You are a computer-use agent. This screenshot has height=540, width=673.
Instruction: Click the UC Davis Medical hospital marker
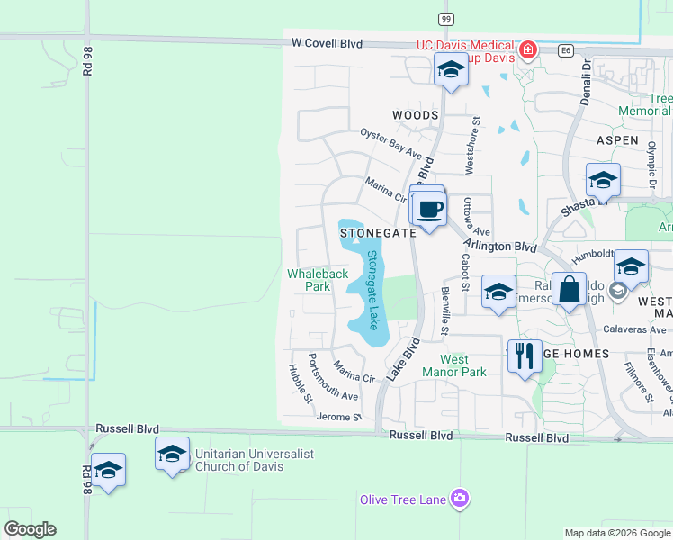(x=528, y=49)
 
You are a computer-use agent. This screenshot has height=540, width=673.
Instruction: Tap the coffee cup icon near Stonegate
(x=429, y=210)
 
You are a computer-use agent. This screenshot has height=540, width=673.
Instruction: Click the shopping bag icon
(x=569, y=291)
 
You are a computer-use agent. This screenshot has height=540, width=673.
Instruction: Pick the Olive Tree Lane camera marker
(x=461, y=498)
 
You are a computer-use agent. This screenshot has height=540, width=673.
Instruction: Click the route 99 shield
(x=445, y=19)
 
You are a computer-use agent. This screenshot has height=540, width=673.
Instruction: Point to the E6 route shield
(x=565, y=49)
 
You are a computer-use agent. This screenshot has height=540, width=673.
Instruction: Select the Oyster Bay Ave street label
(x=390, y=142)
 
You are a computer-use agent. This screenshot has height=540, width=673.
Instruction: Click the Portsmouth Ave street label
(x=332, y=377)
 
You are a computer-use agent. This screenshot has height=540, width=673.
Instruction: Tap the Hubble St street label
(x=300, y=382)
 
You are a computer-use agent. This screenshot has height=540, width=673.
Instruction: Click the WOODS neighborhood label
(x=416, y=115)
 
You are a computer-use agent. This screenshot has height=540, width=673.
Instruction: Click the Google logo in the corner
(x=30, y=529)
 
